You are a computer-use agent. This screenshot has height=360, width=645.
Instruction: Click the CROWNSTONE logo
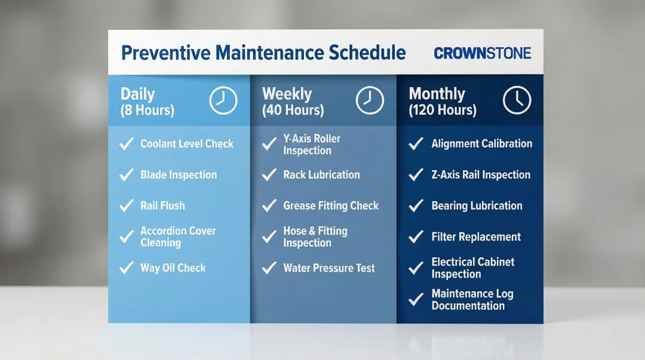(x=482, y=53)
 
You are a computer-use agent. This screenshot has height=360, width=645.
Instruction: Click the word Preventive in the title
(x=165, y=53)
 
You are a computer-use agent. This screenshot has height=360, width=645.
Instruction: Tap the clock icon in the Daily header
(x=223, y=100)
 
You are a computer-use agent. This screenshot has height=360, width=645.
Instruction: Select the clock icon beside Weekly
(x=370, y=100)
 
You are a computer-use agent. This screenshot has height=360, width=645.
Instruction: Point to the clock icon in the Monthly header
(x=517, y=100)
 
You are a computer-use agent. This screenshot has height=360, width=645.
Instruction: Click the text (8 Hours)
(x=147, y=110)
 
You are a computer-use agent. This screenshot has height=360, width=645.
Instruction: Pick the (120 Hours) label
(x=443, y=110)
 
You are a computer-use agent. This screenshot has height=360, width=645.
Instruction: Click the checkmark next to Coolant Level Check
(x=126, y=144)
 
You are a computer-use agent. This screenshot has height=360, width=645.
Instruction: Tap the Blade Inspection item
(x=179, y=175)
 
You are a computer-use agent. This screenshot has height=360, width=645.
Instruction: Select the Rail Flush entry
(x=162, y=206)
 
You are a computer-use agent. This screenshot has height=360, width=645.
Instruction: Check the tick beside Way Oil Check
(x=126, y=268)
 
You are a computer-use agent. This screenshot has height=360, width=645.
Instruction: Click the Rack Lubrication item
(x=321, y=175)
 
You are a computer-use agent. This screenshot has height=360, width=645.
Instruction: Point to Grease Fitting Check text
(x=331, y=206)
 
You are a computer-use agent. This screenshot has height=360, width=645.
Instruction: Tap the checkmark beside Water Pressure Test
(x=269, y=268)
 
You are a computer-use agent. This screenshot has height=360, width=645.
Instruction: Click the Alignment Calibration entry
(x=481, y=144)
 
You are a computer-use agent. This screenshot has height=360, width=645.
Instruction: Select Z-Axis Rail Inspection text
(x=481, y=175)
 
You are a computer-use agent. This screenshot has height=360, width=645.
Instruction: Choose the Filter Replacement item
(x=476, y=237)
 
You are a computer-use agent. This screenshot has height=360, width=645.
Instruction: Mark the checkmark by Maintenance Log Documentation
(x=416, y=300)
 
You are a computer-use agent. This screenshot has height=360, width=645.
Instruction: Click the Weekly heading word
(x=287, y=94)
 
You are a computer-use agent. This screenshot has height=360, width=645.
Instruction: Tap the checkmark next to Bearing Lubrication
(x=416, y=206)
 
